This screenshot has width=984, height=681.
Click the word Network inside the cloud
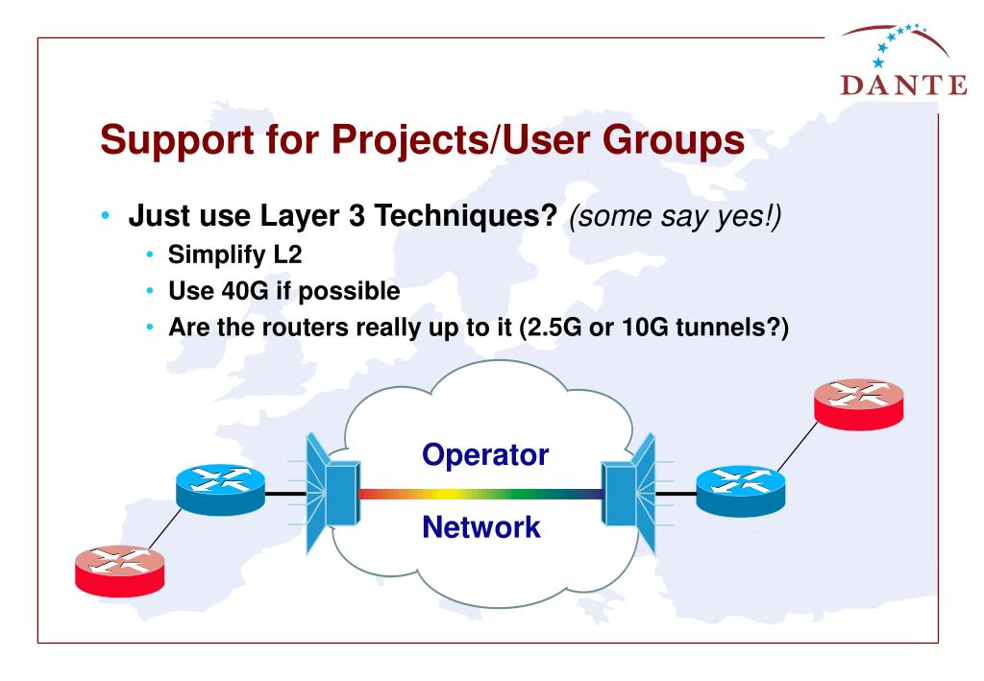pyautogui.click(x=481, y=526)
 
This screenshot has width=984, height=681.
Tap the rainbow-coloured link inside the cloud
pyautogui.click(x=480, y=494)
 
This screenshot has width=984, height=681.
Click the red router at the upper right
pyautogui.click(x=858, y=401)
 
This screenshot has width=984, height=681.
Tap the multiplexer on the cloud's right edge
pyautogui.click(x=628, y=492)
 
